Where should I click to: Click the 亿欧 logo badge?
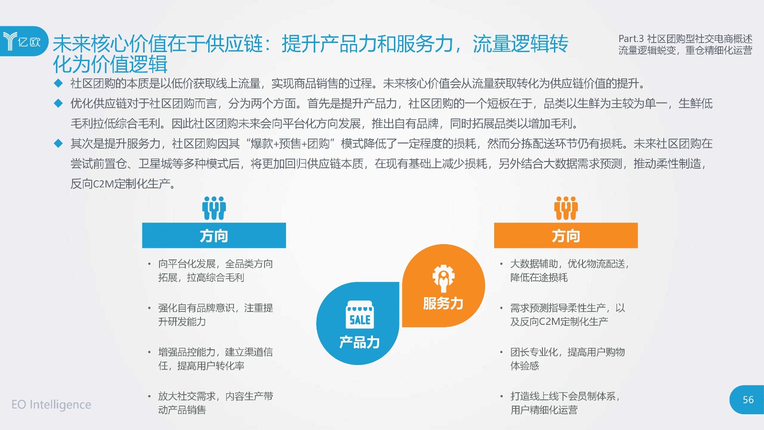tap(24, 41)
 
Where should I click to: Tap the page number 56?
tap(748, 399)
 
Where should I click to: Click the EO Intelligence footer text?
tap(51, 404)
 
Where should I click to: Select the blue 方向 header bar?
tap(214, 236)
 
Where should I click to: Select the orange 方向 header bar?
tap(566, 236)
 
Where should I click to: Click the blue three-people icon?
tap(214, 208)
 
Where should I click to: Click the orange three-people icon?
tap(566, 208)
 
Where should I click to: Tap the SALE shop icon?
tap(360, 314)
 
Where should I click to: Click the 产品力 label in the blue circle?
tap(360, 342)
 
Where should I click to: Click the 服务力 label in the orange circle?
tap(443, 303)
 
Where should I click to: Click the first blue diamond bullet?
tap(58, 83)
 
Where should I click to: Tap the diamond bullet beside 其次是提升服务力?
tap(58, 143)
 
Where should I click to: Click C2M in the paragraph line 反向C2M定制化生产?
tap(103, 184)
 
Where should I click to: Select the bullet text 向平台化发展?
tap(187, 264)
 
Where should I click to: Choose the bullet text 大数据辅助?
tap(534, 264)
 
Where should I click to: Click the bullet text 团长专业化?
tap(534, 352)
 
